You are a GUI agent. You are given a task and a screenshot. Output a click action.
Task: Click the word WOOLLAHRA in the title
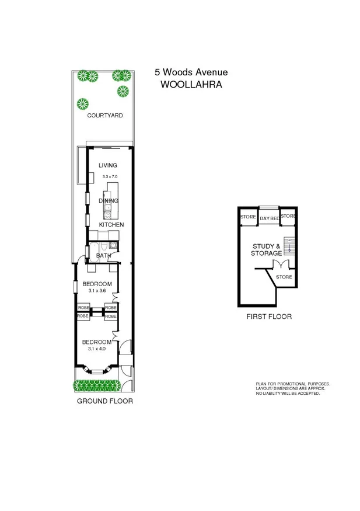[x=191, y=84]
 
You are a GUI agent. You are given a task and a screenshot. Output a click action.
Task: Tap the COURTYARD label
[x=105, y=116]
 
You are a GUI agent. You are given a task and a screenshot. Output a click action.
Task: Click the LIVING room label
[x=108, y=165]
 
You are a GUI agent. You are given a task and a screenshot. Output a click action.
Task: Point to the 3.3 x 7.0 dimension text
[x=110, y=176]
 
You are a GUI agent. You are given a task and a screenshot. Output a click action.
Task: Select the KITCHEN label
[x=111, y=224]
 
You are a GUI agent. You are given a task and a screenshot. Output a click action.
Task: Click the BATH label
[x=104, y=255]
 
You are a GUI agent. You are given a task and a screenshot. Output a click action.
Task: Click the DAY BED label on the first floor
[x=269, y=218]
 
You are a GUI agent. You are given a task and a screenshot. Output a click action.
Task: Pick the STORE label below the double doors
[x=284, y=277]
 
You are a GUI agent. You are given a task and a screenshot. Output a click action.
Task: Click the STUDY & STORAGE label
[x=266, y=250]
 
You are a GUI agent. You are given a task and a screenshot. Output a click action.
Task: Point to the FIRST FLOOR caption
[x=269, y=317]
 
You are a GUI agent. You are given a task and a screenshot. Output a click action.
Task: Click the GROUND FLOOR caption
[x=105, y=401]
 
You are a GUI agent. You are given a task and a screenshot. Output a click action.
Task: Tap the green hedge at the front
[x=96, y=385]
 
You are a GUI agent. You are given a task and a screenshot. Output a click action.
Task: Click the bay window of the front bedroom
[x=96, y=369]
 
